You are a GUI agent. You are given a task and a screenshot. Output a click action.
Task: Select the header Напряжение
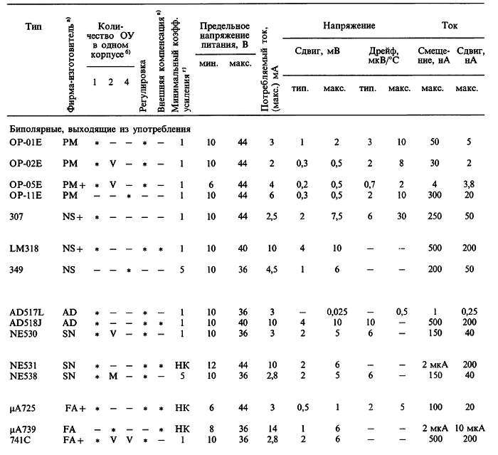[349, 25]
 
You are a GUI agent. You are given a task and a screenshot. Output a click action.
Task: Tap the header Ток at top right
[449, 25]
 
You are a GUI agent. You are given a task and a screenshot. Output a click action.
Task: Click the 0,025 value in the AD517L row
[334, 312]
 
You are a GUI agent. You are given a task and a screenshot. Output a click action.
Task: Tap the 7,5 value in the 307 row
[334, 216]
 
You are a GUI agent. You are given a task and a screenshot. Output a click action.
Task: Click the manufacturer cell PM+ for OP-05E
[72, 184]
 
